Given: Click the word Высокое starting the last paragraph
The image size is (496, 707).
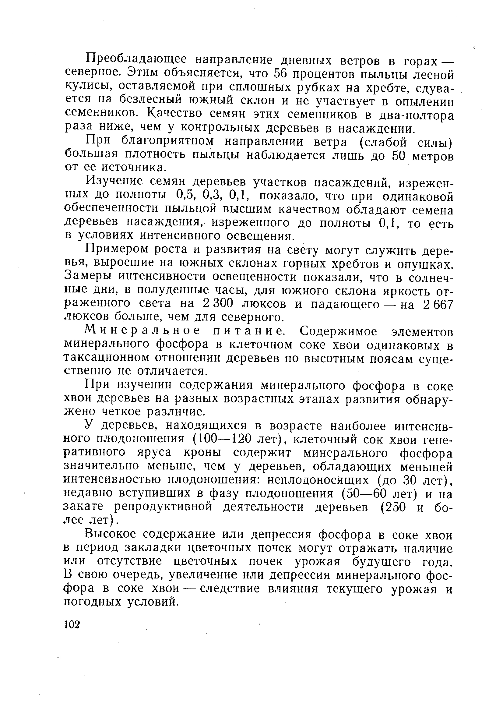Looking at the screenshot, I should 110,535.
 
